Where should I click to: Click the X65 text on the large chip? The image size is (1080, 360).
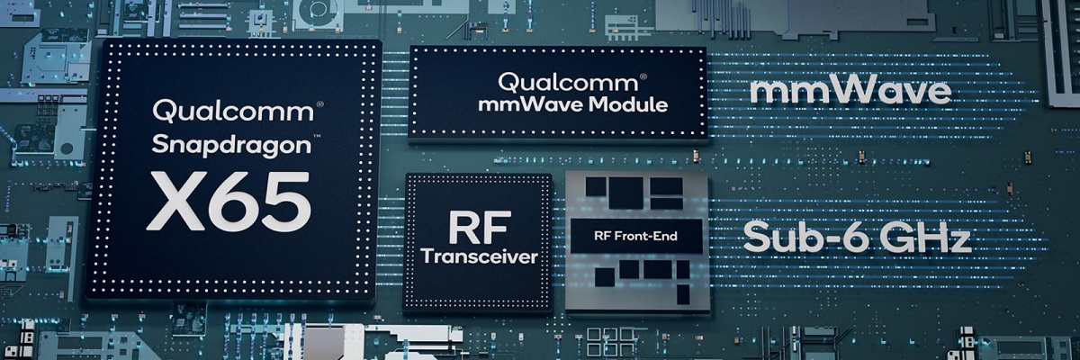pos(229,201)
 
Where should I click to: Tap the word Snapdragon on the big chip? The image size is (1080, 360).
pos(231,146)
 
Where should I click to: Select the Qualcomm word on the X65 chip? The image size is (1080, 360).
pos(233,111)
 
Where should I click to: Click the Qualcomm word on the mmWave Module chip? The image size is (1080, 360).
pos(568,83)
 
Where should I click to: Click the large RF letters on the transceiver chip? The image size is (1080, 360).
pos(480,228)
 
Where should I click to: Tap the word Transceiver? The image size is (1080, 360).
pos(479,256)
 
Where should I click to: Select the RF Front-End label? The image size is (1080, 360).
pos(635,236)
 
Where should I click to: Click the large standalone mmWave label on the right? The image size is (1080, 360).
pos(850,91)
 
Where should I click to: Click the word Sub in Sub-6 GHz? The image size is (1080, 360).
pos(778,237)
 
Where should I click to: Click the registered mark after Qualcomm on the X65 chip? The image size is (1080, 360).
pos(319,104)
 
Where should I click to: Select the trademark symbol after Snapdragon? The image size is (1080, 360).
pos(317,138)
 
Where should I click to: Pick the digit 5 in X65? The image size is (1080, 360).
pos(287,202)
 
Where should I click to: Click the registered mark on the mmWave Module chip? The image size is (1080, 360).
pos(643,76)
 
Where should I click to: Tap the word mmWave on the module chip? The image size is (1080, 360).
pos(532,104)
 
